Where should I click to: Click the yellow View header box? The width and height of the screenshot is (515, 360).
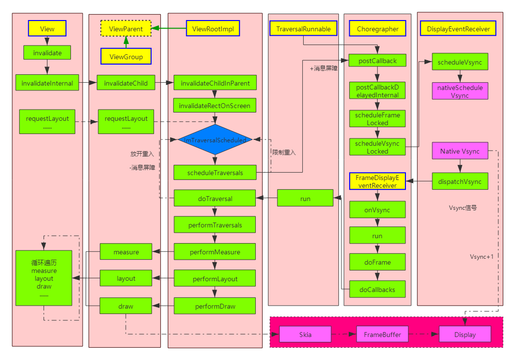[47, 28]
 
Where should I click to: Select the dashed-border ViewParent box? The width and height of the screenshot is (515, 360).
[126, 28]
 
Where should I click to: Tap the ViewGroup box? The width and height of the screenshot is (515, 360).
[126, 56]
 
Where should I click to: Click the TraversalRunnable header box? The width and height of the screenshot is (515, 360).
[303, 28]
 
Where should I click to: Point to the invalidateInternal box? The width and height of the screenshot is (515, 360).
[47, 83]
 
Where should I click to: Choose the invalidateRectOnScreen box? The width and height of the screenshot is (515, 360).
[214, 105]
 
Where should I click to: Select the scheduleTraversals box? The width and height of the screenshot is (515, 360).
[215, 172]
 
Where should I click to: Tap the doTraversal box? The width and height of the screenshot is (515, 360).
[215, 199]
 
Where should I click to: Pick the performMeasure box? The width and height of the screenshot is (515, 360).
[215, 251]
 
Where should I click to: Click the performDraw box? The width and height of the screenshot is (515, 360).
[215, 306]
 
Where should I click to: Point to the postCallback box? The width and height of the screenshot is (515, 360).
[377, 61]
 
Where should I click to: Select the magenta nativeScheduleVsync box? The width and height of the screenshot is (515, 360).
[460, 91]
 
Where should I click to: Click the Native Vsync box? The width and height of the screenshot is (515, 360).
[460, 151]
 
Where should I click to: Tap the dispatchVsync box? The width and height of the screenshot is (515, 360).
[460, 181]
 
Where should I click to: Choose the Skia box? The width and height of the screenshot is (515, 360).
[305, 334]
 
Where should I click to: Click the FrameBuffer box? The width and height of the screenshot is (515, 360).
[382, 334]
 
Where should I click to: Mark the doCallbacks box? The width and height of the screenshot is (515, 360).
[377, 289]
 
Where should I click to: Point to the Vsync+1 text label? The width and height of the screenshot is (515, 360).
[482, 256]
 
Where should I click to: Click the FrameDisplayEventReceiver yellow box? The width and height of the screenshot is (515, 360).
[377, 181]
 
